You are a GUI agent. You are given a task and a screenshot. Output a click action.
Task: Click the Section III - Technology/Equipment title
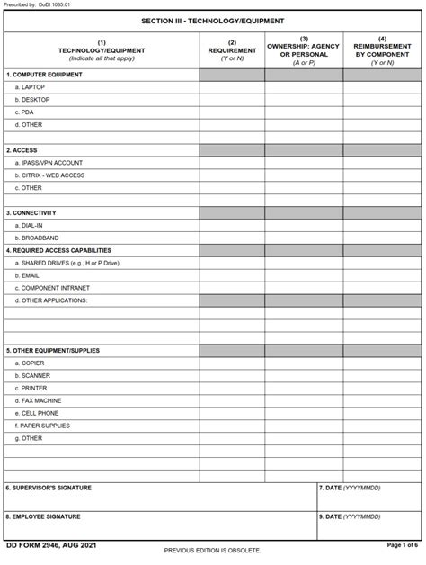coord(212,20)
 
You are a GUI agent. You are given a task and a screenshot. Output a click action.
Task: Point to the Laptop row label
coord(33,86)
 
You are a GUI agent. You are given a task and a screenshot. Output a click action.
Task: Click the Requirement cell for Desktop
coord(232,99)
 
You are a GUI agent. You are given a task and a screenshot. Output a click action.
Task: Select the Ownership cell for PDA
coord(303,112)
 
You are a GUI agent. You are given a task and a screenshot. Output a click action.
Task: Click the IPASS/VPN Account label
coord(51,162)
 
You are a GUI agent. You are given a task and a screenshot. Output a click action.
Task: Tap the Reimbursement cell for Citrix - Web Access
coord(382,175)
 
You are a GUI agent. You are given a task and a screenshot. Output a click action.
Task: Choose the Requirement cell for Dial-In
coord(232,225)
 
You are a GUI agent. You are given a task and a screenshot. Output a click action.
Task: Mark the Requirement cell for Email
coord(232,275)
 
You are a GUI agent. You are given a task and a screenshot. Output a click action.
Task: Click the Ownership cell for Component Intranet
coord(303,288)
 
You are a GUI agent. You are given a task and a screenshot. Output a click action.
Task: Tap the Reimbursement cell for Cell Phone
coord(382,413)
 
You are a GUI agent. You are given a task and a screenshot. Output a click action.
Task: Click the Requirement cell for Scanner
coord(232,375)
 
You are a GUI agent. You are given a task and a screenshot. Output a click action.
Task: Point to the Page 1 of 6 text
coord(403,545)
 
